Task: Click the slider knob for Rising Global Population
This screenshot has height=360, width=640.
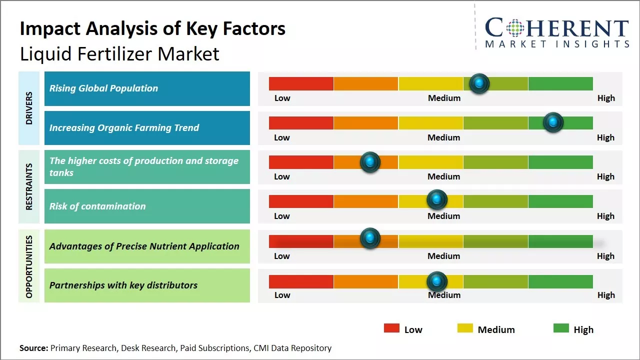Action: coord(479,83)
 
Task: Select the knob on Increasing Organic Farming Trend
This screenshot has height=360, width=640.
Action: coord(553,122)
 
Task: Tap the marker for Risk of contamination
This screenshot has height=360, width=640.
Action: coord(436,199)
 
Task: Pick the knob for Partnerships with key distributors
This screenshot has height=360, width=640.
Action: coord(436,281)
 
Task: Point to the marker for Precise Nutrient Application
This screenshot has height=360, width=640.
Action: coord(370,238)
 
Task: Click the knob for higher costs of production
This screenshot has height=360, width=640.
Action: coord(370,161)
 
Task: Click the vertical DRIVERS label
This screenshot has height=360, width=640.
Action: coord(29,107)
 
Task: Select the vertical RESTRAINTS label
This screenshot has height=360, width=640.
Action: coord(29,186)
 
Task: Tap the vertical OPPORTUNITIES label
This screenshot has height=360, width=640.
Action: coord(29,266)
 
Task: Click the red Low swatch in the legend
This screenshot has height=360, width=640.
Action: coord(391,328)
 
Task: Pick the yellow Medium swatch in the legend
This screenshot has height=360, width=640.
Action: coord(465,328)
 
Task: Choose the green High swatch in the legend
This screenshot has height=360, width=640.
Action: coord(561,328)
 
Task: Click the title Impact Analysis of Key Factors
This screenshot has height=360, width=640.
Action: coord(152,29)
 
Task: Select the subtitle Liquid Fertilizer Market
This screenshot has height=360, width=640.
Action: coord(119,54)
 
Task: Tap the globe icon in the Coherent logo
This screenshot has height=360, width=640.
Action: coord(514,28)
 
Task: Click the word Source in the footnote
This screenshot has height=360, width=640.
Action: coord(33,348)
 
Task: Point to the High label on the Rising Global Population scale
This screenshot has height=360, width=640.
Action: coord(606,98)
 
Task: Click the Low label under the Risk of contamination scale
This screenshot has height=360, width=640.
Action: coord(282,216)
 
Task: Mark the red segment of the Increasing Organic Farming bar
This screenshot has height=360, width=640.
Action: coord(301,123)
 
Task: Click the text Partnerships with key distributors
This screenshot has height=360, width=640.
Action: coord(123,285)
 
